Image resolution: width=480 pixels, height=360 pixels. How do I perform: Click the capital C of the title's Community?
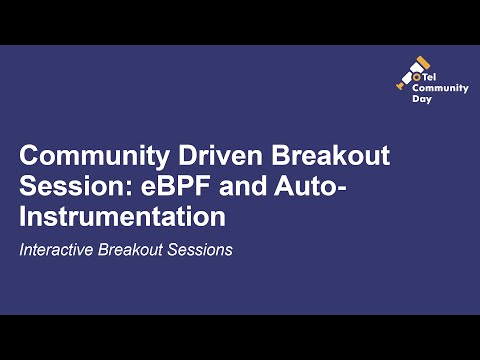click(x=30, y=158)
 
